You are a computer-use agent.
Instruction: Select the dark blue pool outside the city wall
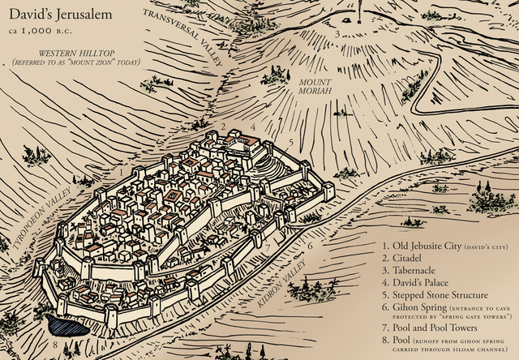66,325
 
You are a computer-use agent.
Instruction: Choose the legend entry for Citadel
405,258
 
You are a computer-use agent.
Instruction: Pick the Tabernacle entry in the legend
412,270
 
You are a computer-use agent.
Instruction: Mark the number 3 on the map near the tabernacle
337,34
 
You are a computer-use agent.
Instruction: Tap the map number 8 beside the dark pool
55,344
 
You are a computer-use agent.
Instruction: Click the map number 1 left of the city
120,172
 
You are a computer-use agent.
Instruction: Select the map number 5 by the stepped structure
290,141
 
